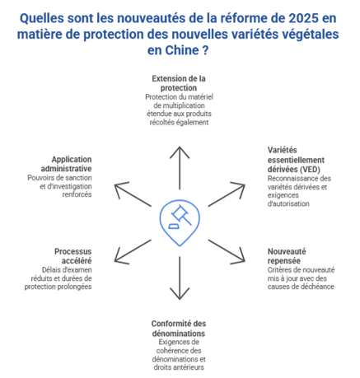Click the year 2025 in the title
303,18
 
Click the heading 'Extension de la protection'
179,83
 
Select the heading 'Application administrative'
66,164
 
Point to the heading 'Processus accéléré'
73,256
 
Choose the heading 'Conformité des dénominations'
179,329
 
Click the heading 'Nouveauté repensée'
287,256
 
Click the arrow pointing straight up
180,168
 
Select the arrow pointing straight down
180,278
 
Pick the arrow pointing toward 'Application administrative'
133,195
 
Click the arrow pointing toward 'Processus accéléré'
133,251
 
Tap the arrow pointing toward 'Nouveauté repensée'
227,251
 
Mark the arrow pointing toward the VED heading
227,195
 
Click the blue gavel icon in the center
180,222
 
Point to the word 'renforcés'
77,194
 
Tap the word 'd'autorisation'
288,203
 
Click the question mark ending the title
205,50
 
